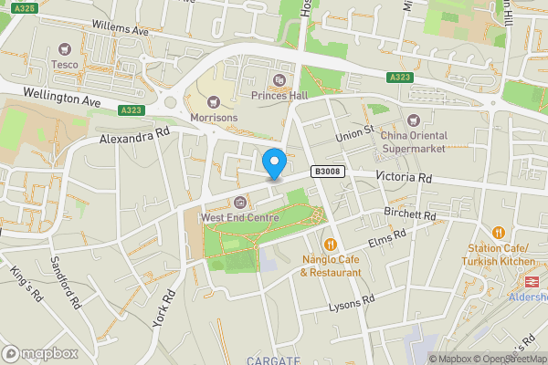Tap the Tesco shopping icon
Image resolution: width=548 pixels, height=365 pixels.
[65, 49]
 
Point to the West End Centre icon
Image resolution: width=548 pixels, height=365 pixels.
[240, 202]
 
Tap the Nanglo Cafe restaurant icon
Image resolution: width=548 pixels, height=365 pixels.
[330, 245]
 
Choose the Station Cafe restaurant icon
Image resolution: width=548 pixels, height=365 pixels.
[499, 233]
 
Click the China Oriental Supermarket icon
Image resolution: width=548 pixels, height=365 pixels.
[414, 120]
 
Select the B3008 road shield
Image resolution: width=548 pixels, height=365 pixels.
[326, 171]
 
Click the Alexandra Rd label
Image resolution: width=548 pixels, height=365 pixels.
[135, 136]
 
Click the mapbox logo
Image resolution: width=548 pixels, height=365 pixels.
[39, 352]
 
